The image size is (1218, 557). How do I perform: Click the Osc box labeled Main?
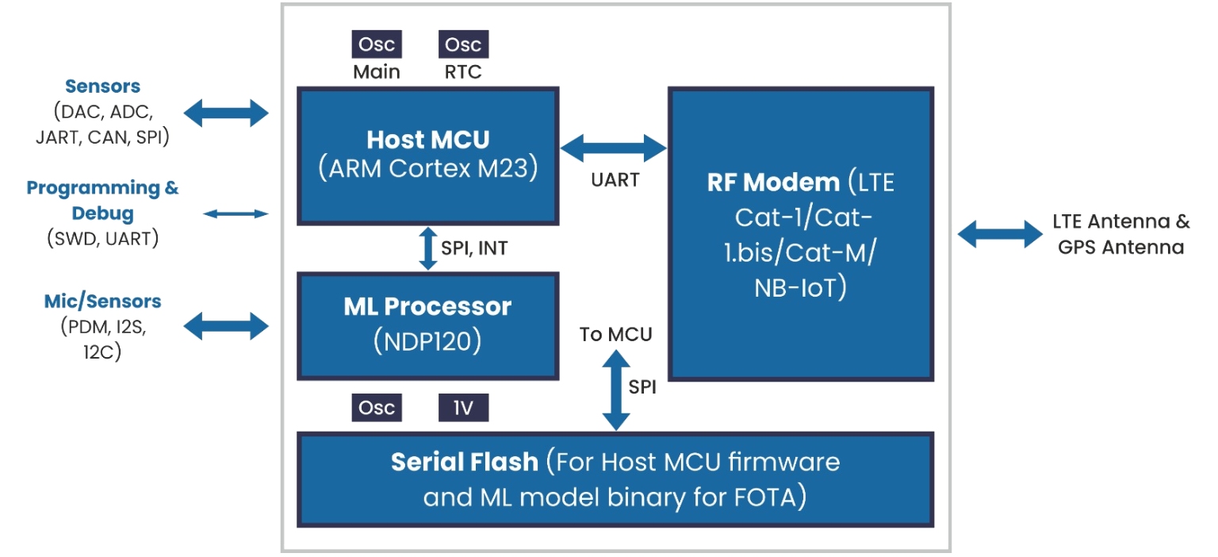pyautogui.click(x=377, y=44)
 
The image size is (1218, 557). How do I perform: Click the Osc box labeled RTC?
pyautogui.click(x=464, y=44)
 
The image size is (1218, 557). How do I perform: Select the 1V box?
pyautogui.click(x=464, y=408)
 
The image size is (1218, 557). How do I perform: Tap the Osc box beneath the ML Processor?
pyautogui.click(x=377, y=408)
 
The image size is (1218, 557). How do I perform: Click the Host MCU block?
pyautogui.click(x=427, y=156)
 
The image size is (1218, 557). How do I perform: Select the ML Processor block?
pyautogui.click(x=427, y=325)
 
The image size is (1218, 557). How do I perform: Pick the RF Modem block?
pyautogui.click(x=800, y=234)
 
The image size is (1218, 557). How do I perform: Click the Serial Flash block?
pyautogui.click(x=615, y=479)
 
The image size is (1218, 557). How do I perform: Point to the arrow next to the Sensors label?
pyautogui.click(x=227, y=112)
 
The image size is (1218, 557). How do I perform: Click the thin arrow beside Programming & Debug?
pyautogui.click(x=236, y=213)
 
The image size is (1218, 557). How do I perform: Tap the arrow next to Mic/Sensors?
pyautogui.click(x=227, y=326)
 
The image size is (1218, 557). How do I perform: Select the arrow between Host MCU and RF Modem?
pyautogui.click(x=614, y=147)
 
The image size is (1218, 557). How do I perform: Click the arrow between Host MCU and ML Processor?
pyautogui.click(x=427, y=248)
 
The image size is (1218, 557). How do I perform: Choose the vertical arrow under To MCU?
pyautogui.click(x=616, y=389)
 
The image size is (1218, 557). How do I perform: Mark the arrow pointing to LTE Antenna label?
pyautogui.click(x=1000, y=234)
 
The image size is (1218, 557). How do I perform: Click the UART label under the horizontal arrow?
pyautogui.click(x=615, y=180)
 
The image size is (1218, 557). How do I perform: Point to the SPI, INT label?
pyautogui.click(x=474, y=248)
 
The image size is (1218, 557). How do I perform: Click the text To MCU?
pyautogui.click(x=615, y=335)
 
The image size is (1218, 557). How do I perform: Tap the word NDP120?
pyautogui.click(x=427, y=341)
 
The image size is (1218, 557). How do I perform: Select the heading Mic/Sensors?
pyautogui.click(x=102, y=302)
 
